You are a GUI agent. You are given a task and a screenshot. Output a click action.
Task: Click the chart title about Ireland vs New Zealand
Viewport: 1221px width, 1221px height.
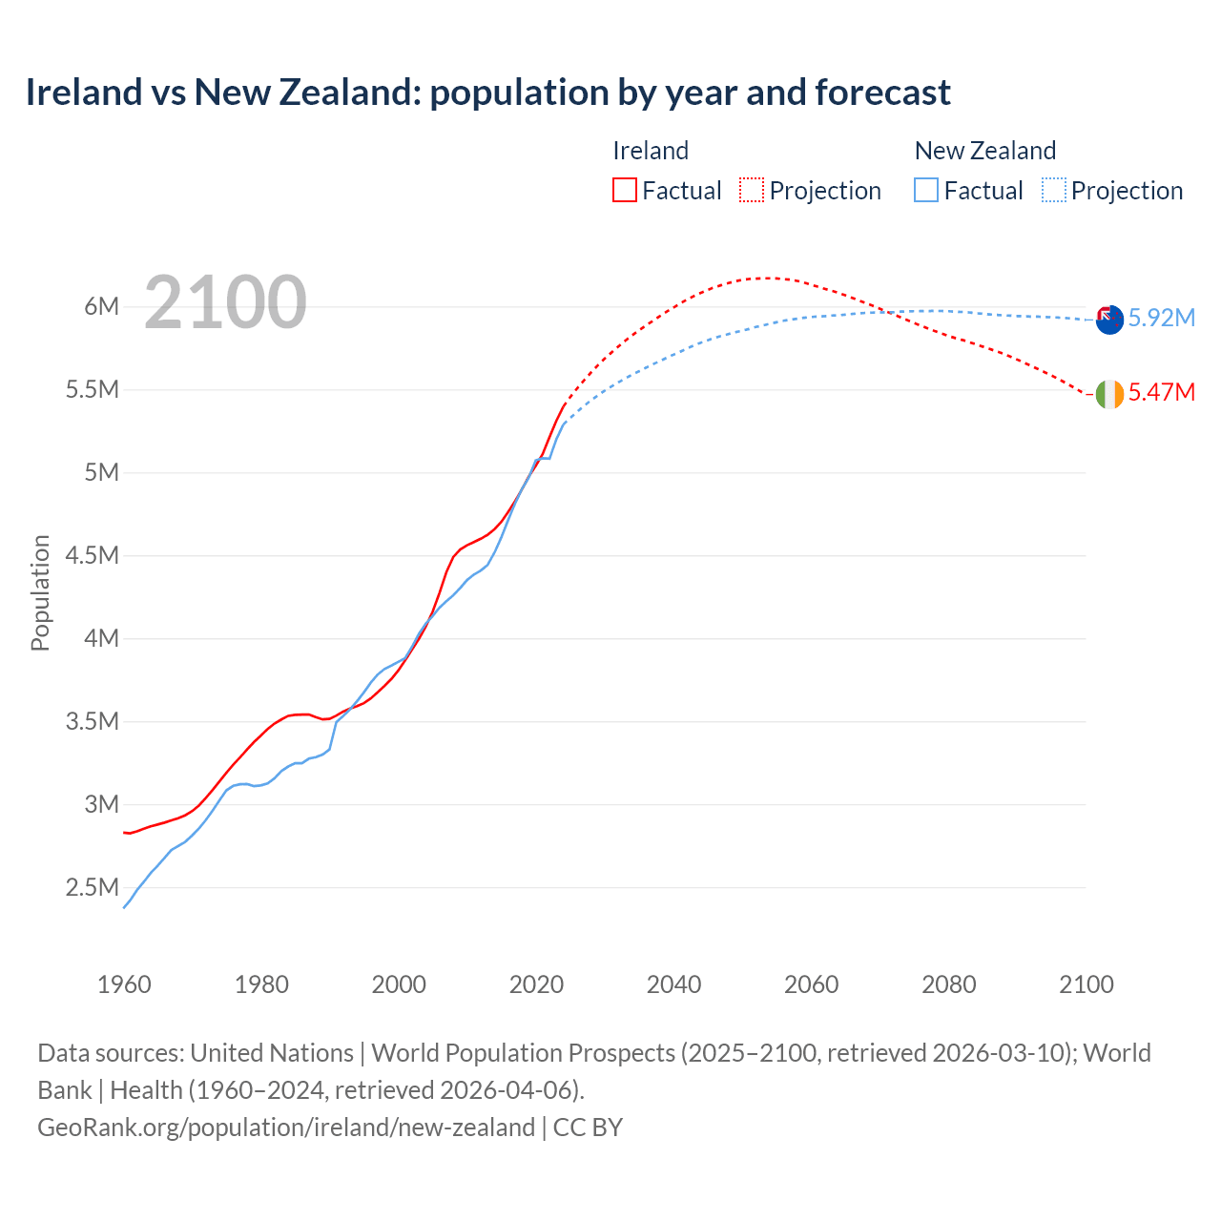pos(487,93)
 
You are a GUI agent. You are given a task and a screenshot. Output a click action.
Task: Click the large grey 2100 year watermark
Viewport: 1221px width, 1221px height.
pos(225,302)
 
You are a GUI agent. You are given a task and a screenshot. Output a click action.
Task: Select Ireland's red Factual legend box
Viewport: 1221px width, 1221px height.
pos(624,190)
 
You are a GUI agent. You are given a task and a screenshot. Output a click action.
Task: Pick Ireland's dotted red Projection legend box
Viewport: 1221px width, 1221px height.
pos(752,190)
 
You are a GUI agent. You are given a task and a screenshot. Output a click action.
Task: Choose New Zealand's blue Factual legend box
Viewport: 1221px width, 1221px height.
pos(925,190)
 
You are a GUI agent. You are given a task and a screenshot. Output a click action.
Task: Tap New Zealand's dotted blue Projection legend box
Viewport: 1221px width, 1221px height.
pos(1053,190)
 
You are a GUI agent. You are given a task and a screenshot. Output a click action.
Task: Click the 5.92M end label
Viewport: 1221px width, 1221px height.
pos(1161,318)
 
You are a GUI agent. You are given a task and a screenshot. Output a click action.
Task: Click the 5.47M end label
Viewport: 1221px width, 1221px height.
pos(1161,392)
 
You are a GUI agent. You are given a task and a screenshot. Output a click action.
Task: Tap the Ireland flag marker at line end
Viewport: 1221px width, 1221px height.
pos(1109,394)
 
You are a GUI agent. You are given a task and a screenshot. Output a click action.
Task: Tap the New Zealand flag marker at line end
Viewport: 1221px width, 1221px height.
pos(1109,320)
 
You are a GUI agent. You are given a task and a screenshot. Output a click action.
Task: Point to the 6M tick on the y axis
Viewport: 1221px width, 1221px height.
pos(101,306)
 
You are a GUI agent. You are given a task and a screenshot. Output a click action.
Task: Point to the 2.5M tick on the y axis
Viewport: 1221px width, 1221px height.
pos(93,887)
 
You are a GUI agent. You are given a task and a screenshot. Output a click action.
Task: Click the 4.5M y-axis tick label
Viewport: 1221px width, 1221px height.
pos(93,555)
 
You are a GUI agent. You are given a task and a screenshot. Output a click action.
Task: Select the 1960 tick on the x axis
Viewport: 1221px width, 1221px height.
pos(124,984)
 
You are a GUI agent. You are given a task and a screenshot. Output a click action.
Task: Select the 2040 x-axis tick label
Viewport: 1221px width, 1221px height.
pos(673,984)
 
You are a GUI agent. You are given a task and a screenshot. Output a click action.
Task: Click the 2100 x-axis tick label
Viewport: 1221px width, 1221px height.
pos(1086,984)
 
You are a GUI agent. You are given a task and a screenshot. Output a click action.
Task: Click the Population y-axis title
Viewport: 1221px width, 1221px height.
pos(40,592)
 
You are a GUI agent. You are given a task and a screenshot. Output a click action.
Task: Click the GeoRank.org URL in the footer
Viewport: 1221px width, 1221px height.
pos(286,1127)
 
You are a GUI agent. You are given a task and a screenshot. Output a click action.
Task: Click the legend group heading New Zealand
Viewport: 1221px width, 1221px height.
pos(984,151)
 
